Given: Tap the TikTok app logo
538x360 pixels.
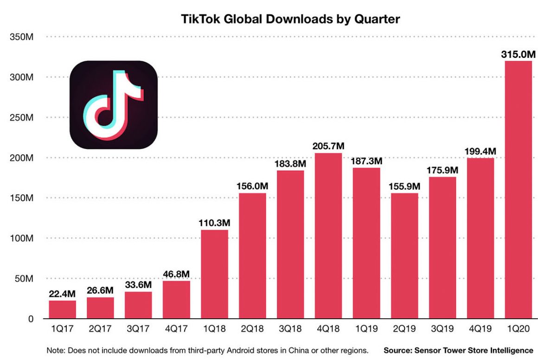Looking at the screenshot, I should click(x=114, y=105).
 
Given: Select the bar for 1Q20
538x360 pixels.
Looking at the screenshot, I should click(x=516, y=190).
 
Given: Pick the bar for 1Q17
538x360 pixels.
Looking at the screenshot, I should click(x=62, y=309).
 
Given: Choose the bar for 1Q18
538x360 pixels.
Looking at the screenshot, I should click(x=214, y=274).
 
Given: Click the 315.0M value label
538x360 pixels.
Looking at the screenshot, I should click(x=516, y=55).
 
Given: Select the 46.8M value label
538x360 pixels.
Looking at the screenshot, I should click(x=176, y=275).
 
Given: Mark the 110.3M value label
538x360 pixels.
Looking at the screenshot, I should click(x=214, y=223).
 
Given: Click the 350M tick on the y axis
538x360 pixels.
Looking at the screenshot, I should click(x=22, y=37).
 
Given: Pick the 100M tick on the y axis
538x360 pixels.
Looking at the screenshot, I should click(x=22, y=238).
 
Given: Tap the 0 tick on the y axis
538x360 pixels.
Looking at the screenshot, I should click(x=30, y=319).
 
